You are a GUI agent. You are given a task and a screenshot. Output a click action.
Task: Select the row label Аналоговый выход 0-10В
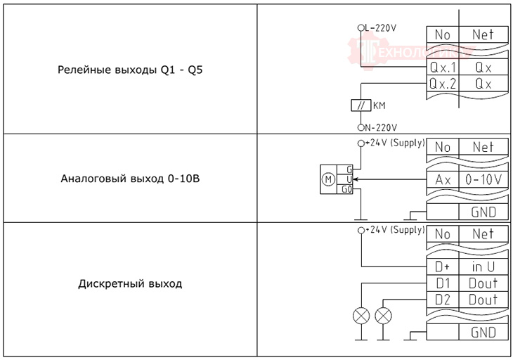(x=130, y=179)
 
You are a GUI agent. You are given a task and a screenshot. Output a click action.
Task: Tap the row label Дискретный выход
(x=129, y=284)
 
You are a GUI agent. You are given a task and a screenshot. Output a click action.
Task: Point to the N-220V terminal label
(x=380, y=127)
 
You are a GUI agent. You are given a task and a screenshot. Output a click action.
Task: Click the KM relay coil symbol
(x=361, y=105)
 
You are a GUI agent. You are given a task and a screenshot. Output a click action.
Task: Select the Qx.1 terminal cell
(x=442, y=68)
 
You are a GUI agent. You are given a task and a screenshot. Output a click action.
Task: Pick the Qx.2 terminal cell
(x=442, y=84)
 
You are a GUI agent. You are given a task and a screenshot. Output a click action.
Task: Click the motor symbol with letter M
(x=328, y=179)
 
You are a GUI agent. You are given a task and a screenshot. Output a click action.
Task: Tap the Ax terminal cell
(x=442, y=179)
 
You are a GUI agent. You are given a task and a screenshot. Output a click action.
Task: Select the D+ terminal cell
(x=442, y=267)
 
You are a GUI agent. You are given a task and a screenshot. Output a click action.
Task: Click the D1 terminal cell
(x=442, y=283)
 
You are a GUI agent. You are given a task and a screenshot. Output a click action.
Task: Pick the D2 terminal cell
(x=442, y=300)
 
